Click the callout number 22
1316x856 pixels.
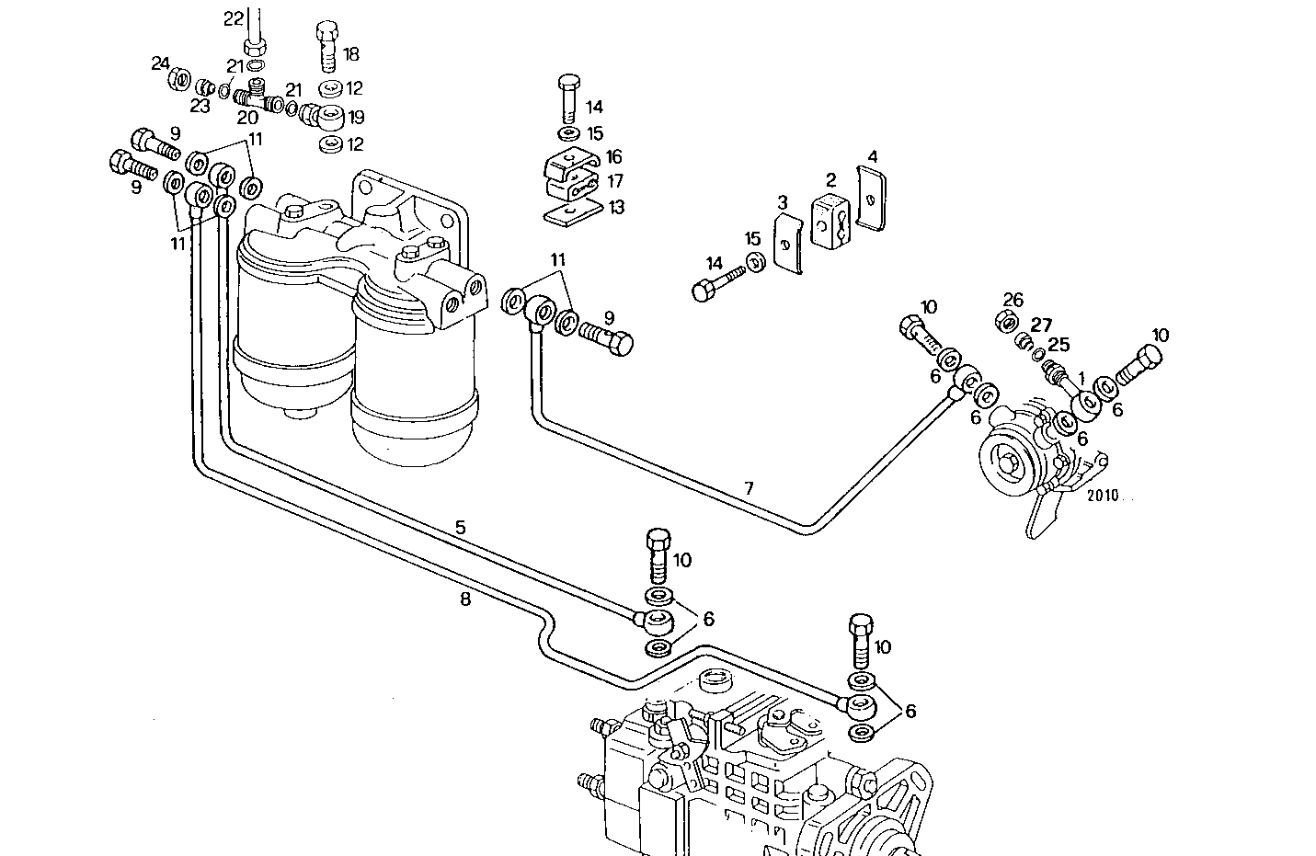[235, 18]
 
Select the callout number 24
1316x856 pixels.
[161, 63]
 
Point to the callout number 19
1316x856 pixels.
[355, 118]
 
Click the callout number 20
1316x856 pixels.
[247, 118]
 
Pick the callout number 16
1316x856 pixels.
[613, 158]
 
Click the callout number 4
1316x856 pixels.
[873, 157]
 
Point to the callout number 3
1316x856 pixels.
[782, 201]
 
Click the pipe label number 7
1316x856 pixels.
[749, 489]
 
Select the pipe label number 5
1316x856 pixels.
[460, 528]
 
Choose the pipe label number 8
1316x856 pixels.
[465, 599]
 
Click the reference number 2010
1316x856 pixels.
[1102, 495]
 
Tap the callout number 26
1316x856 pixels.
[1013, 300]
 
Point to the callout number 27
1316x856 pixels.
[1041, 325]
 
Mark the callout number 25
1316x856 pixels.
[1059, 345]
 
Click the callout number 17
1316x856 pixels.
[613, 182]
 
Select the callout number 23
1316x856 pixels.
[200, 106]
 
